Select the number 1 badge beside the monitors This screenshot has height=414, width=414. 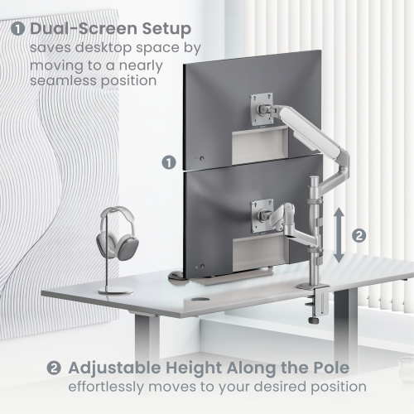pos(168,162)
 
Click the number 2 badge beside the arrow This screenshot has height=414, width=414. pos(358,234)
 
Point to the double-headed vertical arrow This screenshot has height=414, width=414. pos(339,234)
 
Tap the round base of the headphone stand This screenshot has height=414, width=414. pos(113,290)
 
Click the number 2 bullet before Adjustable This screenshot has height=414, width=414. pos(54,366)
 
